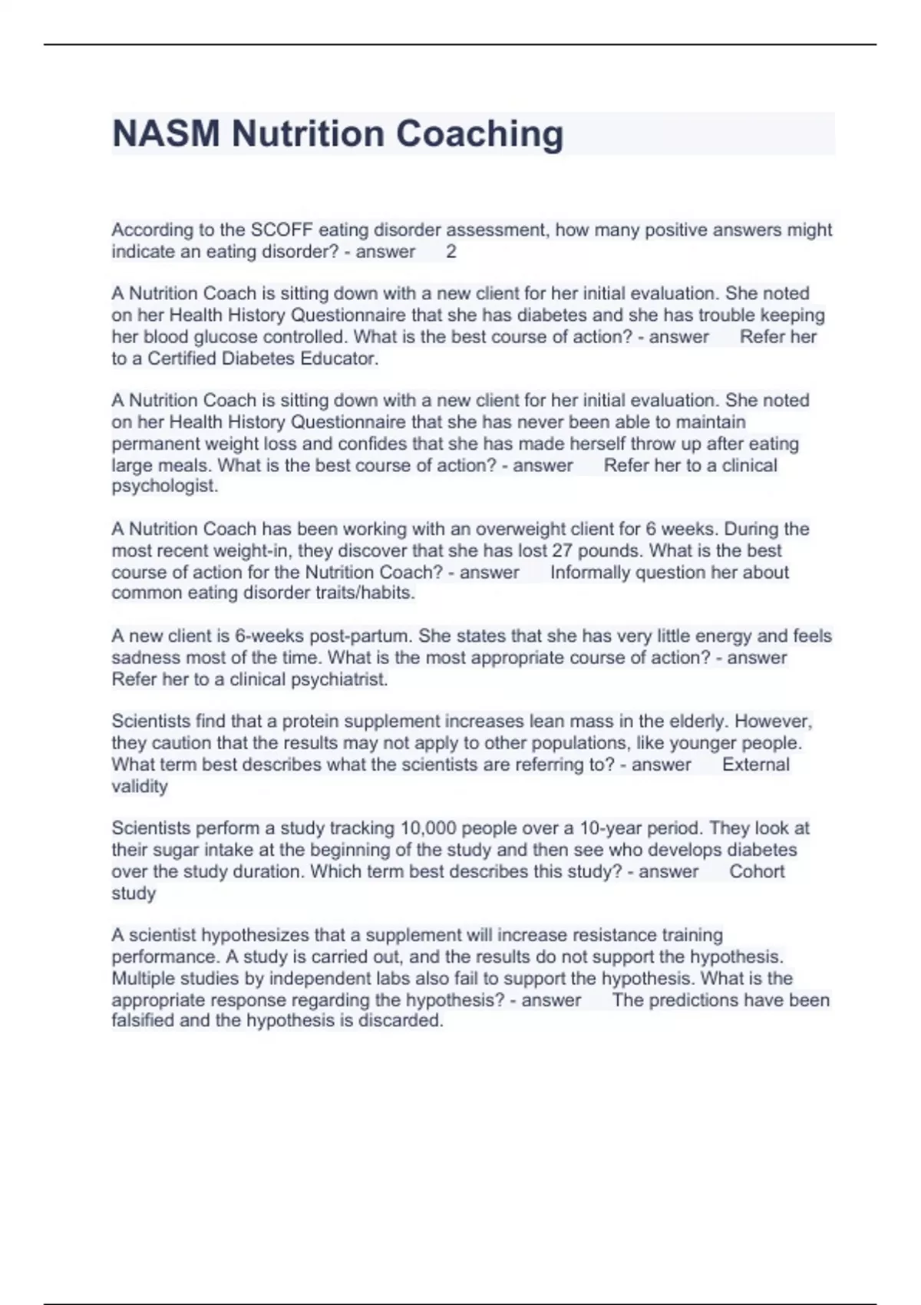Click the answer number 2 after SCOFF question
tap(451, 252)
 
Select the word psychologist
tap(165, 486)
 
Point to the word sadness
tap(143, 658)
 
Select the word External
tap(755, 765)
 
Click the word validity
tap(140, 786)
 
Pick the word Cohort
tap(757, 871)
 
